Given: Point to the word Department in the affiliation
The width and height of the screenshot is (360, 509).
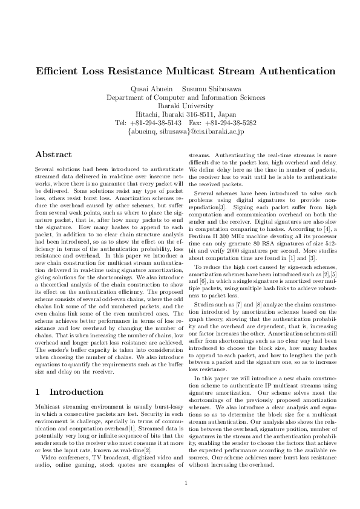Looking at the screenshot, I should [x=127, y=97].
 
